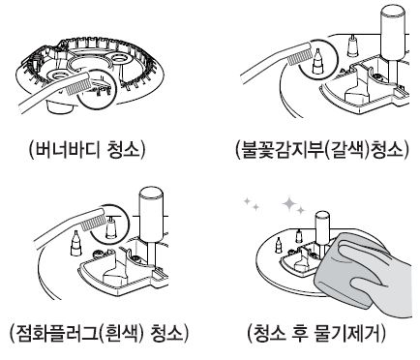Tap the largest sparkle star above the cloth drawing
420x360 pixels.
pos(291,204)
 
